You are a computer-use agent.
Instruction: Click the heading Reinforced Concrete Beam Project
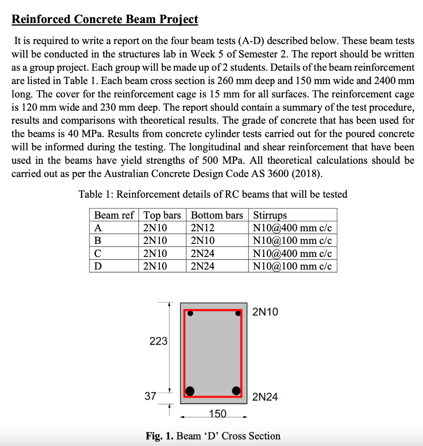[x=104, y=20]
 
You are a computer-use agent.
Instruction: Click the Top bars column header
[x=162, y=215]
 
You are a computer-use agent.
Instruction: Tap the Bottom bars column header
[x=217, y=215]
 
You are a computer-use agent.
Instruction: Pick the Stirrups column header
[x=270, y=215]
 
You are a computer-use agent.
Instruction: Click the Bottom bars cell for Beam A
[x=203, y=228]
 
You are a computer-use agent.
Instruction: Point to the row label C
[x=98, y=253]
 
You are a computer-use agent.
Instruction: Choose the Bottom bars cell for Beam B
[x=203, y=240]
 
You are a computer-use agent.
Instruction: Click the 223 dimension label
[x=158, y=341]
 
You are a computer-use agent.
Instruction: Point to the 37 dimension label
[x=151, y=396]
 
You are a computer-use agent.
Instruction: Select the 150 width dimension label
[x=218, y=414]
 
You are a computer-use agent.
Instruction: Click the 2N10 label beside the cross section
[x=265, y=312]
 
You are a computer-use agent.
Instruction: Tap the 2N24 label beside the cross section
[x=265, y=397]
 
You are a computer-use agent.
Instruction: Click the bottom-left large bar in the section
[x=190, y=390]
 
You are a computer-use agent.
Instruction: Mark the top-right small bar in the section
[x=238, y=312]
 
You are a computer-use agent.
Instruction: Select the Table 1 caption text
[x=213, y=194]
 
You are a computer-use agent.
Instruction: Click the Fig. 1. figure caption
[x=213, y=436]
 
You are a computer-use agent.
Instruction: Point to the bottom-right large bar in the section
[x=237, y=390]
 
